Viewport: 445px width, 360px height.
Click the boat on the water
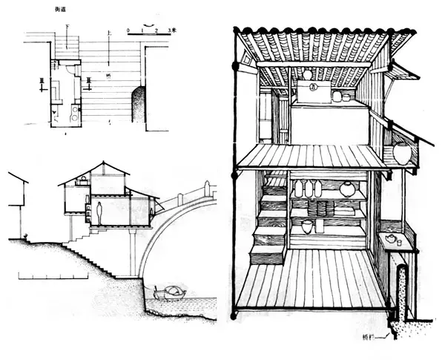click(168, 292)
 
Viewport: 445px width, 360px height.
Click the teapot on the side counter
click(391, 238)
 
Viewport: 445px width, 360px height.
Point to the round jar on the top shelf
click(347, 189)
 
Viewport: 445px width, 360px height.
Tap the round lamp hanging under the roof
click(308, 74)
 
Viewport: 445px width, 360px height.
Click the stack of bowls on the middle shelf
click(321, 208)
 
